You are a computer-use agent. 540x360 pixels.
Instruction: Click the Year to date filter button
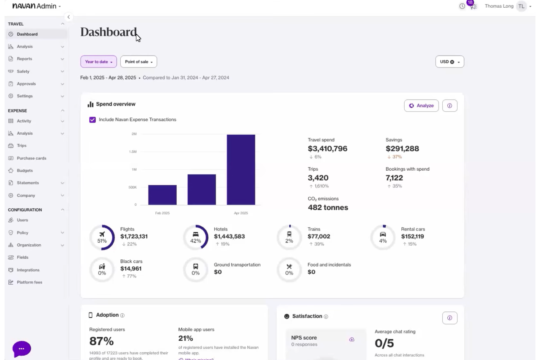pyautogui.click(x=99, y=62)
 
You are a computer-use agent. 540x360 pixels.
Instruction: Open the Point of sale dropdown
pyautogui.click(x=139, y=62)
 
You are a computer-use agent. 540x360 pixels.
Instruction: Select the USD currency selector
pyautogui.click(x=450, y=62)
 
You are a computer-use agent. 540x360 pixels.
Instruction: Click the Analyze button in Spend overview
pyautogui.click(x=421, y=106)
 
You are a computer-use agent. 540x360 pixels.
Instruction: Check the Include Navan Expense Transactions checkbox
pyautogui.click(x=93, y=120)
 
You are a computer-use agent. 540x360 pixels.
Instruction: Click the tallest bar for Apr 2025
pyautogui.click(x=241, y=170)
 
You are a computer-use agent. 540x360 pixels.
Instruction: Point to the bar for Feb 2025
pyautogui.click(x=162, y=195)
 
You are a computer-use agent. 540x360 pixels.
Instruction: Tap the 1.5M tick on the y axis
pyautogui.click(x=133, y=152)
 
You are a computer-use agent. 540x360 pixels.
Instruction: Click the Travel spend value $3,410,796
pyautogui.click(x=327, y=149)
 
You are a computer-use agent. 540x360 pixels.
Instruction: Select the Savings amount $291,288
pyautogui.click(x=402, y=149)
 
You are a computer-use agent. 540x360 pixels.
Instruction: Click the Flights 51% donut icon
pyautogui.click(x=102, y=237)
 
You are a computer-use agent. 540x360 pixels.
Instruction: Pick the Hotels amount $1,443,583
pyautogui.click(x=229, y=236)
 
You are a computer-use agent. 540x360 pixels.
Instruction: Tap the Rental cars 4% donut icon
pyautogui.click(x=383, y=237)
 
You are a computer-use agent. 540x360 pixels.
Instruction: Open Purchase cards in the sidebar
pyautogui.click(x=31, y=158)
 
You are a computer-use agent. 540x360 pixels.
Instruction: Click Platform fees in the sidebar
pyautogui.click(x=29, y=282)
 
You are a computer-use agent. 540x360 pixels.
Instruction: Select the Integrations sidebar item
pyautogui.click(x=28, y=270)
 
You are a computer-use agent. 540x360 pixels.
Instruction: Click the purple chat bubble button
pyautogui.click(x=22, y=349)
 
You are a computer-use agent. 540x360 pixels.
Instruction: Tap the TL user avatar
pyautogui.click(x=521, y=6)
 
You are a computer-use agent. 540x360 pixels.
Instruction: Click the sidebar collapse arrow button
pyautogui.click(x=69, y=17)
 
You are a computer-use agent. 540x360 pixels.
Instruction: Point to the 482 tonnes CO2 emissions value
pyautogui.click(x=328, y=208)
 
